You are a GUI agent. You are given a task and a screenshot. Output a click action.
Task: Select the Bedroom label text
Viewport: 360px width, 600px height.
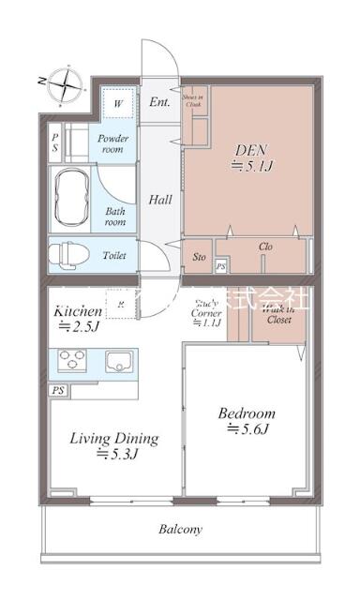pyautogui.click(x=247, y=412)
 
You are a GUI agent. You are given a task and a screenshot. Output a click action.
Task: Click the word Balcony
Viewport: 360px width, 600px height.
pyautogui.click(x=179, y=530)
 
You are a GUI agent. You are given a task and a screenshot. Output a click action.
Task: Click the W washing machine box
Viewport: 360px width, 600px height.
pyautogui.click(x=118, y=103)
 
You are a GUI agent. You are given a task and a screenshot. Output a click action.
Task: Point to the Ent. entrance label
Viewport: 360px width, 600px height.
pyautogui.click(x=159, y=102)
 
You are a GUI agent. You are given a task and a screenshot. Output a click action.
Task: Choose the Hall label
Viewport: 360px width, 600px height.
pyautogui.click(x=160, y=199)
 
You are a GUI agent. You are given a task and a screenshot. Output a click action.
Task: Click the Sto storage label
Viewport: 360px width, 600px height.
pyautogui.click(x=200, y=255)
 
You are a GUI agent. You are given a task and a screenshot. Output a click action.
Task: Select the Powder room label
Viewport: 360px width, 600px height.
pyautogui.click(x=114, y=143)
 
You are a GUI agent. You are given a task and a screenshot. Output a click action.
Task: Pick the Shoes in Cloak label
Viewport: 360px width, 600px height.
pyautogui.click(x=193, y=102)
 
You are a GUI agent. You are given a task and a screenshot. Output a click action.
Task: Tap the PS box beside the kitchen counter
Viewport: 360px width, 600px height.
pyautogui.click(x=58, y=390)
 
